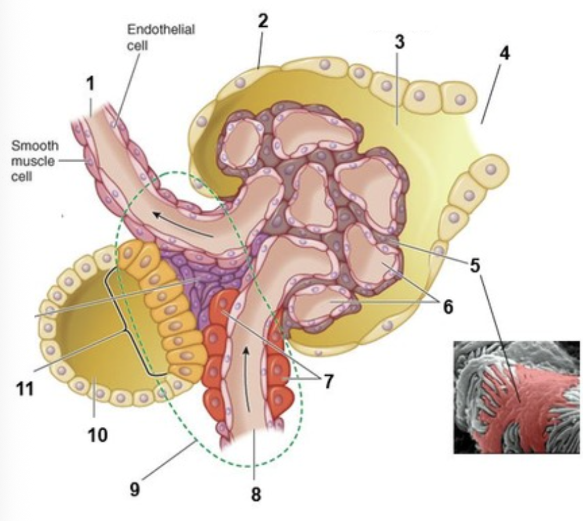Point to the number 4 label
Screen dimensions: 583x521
coord(505,53)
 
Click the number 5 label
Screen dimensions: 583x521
coord(475,266)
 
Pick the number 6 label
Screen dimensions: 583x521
coord(447,306)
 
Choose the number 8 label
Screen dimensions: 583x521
coord(255,494)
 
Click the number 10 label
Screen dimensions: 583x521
coord(98,434)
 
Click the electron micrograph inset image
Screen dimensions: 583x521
coord(517,397)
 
